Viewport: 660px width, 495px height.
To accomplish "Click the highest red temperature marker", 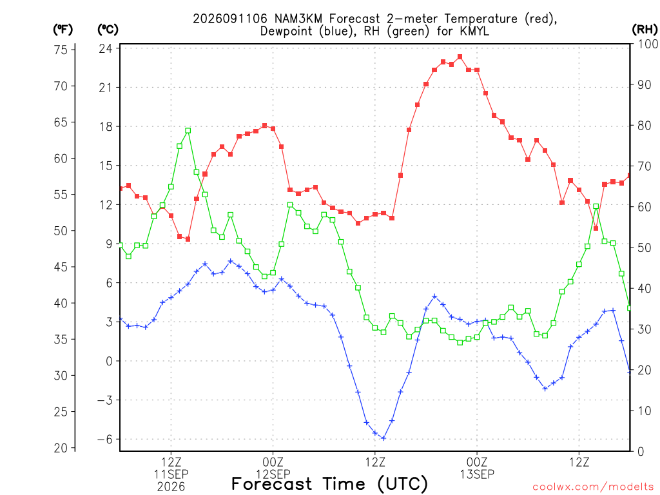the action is tap(460, 57).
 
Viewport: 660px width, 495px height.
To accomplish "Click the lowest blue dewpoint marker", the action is tap(383, 438).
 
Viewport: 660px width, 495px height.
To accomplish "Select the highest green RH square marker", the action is tap(188, 130).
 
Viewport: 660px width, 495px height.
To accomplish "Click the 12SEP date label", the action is tap(273, 474).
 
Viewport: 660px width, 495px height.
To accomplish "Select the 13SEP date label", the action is tap(477, 474).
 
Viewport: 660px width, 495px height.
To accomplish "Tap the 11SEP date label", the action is tap(171, 474).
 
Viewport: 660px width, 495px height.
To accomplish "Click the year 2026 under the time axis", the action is tap(171, 487).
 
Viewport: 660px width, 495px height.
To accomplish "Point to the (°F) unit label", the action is tap(63, 30).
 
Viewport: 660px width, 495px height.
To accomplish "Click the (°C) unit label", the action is tap(108, 30).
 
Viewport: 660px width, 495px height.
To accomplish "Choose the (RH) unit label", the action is tap(645, 30).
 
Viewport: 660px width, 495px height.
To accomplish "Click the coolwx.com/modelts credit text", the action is tap(593, 487).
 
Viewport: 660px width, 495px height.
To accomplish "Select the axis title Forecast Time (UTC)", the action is tap(329, 484).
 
